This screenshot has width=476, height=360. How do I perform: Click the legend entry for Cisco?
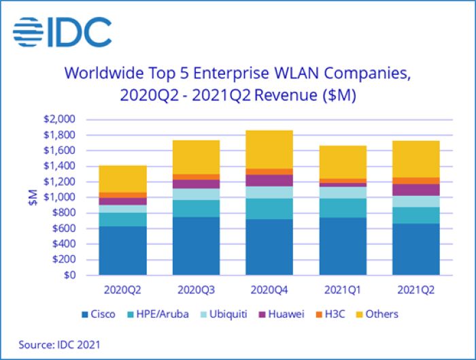(x=98, y=314)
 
